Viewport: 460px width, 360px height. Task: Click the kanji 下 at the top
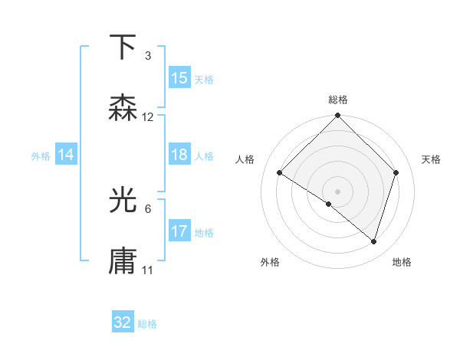click(x=123, y=47)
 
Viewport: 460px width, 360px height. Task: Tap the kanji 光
click(x=123, y=201)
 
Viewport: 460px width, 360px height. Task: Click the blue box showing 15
click(x=179, y=78)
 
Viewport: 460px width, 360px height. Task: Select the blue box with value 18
click(x=179, y=155)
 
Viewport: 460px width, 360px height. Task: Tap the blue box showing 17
click(x=179, y=231)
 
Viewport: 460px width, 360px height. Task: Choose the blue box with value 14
click(x=66, y=155)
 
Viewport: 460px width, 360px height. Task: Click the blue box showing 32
click(x=123, y=322)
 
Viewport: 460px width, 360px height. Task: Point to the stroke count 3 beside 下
click(x=148, y=55)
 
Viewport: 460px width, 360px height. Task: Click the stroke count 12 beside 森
click(x=148, y=117)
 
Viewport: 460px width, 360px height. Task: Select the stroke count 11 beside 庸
click(x=148, y=270)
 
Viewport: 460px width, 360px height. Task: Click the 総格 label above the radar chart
click(x=338, y=100)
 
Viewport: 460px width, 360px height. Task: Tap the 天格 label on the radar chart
click(x=432, y=159)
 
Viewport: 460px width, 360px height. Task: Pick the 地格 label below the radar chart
click(x=402, y=262)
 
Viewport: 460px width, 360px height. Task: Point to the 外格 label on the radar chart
click(x=270, y=262)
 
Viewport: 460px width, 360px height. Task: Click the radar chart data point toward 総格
click(x=338, y=116)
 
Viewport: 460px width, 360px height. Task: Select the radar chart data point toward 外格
click(x=329, y=204)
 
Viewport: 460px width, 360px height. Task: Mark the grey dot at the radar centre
click(x=338, y=191)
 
